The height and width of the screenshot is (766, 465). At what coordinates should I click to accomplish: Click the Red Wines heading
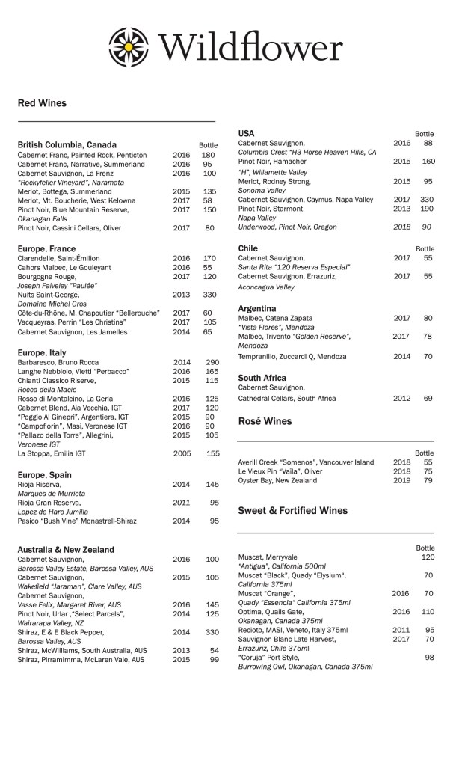(x=42, y=103)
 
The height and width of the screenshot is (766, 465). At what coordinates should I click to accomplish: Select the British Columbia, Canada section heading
(x=67, y=144)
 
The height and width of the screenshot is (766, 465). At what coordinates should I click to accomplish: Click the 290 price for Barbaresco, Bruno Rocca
(x=212, y=362)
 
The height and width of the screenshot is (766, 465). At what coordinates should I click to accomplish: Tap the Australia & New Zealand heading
(x=66, y=550)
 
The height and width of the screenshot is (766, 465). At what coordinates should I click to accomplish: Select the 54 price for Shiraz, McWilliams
(x=214, y=650)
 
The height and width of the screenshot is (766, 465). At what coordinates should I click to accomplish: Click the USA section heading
(x=247, y=133)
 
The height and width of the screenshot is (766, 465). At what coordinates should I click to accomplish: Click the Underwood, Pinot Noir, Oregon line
(x=287, y=227)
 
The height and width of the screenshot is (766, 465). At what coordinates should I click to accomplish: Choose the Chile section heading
(x=248, y=248)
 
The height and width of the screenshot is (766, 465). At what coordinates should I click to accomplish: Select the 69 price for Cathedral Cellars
(x=428, y=399)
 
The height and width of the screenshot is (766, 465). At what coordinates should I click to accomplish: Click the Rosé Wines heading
(x=265, y=422)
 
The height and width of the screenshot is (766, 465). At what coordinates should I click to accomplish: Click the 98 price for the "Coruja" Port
(x=430, y=658)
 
